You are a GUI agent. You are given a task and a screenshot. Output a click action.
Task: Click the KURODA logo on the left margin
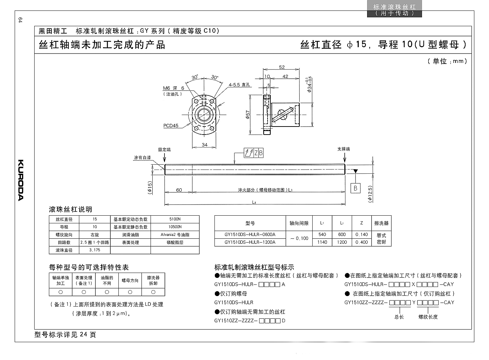tap(21, 180)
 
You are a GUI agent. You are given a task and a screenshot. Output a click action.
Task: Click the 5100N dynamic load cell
tap(175, 219)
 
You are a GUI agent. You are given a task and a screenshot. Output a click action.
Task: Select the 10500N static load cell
tap(175, 227)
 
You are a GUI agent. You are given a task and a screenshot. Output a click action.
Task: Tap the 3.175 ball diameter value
tap(95, 250)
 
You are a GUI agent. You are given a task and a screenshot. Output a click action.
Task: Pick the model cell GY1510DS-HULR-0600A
tap(250, 235)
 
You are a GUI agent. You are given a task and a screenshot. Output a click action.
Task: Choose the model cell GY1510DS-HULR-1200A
tap(250, 242)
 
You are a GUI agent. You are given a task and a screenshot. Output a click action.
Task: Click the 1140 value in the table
tap(322, 242)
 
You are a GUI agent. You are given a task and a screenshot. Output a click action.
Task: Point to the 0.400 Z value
tap(362, 242)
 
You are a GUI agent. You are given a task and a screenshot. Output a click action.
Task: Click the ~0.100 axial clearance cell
tap(299, 238)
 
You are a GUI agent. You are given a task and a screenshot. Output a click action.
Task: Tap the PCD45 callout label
tap(171, 125)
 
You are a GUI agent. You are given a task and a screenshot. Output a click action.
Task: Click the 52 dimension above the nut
tap(282, 67)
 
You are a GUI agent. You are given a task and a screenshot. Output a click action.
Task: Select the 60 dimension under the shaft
tap(179, 190)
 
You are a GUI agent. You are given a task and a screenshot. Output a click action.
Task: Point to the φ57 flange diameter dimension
tap(247, 115)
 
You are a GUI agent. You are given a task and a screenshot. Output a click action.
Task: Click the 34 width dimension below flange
tap(205, 145)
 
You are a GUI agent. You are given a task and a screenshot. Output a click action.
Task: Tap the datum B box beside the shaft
tap(356, 188)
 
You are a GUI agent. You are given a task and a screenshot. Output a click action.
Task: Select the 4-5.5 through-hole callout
tap(239, 85)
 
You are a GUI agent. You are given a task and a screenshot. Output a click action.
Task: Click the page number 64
tap(20, 20)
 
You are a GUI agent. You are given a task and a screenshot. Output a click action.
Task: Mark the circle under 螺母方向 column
tap(130, 292)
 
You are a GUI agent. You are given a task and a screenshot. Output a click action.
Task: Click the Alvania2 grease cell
tap(175, 235)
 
